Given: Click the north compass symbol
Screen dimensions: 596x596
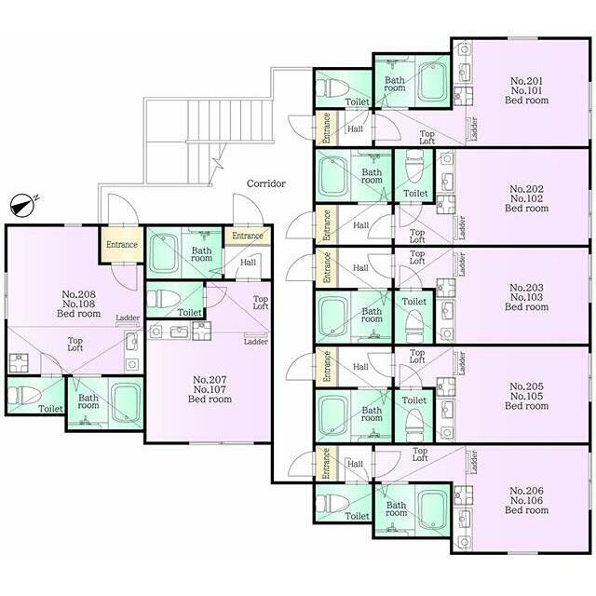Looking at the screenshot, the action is coord(22,206).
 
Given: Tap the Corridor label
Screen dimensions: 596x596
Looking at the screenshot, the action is coord(266,183).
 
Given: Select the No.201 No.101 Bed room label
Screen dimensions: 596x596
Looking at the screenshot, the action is coord(526,90).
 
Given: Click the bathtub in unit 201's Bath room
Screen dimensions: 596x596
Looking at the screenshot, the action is coord(432,82).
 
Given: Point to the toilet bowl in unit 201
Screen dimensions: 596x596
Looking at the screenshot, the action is coord(332,88).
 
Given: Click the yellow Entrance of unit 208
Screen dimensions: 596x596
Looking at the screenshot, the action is coord(122,244).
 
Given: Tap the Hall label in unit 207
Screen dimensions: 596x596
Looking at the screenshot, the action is coord(248,263).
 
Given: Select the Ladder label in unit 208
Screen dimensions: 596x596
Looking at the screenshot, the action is coord(128,318).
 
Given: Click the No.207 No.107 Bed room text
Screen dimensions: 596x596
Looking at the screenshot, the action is coord(210,389).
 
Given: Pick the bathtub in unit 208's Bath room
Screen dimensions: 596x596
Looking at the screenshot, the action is coord(125,403).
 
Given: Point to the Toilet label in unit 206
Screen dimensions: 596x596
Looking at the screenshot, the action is coord(357,516).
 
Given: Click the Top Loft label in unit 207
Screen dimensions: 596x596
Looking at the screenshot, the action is coord(261,303).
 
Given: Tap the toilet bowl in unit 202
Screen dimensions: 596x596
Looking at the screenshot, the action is coord(414,166).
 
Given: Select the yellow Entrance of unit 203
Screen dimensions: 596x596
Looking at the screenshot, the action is coord(327,267).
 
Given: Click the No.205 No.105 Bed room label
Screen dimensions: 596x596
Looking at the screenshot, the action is coord(526,396).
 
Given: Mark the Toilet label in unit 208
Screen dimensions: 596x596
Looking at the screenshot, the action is coord(50,409).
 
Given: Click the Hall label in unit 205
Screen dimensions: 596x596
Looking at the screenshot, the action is coord(360,367).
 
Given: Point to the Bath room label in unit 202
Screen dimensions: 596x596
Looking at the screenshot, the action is coord(372,176).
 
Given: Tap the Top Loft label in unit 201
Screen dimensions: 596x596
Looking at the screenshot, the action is coord(427,137).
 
